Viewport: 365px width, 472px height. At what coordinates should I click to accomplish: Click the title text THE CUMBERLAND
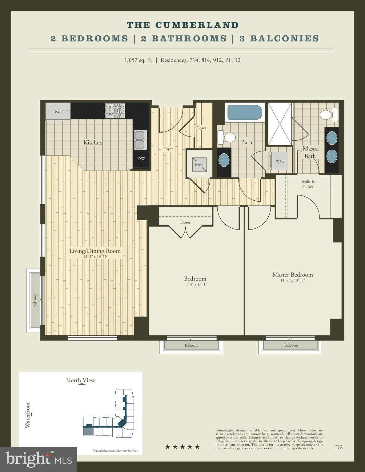182,25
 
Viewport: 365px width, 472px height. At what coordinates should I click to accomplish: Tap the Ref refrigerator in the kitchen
58,111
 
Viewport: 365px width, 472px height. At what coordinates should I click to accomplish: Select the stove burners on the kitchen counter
115,111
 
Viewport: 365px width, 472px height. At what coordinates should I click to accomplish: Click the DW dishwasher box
141,159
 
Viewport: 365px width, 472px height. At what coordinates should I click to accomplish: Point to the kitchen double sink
141,140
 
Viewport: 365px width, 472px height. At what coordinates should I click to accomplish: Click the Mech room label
199,164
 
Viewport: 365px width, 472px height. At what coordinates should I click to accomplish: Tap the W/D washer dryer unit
279,161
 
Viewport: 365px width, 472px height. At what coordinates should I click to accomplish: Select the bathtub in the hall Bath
245,113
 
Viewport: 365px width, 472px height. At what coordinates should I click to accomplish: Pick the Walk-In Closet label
308,184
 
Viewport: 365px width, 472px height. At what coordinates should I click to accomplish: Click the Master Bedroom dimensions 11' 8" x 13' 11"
293,280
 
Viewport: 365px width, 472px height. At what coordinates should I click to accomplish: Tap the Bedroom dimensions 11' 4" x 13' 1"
195,284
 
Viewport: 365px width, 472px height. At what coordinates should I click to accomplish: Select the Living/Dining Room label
95,251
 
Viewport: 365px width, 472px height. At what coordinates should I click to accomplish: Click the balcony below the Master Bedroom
291,345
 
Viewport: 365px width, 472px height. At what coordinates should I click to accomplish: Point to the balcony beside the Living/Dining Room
35,300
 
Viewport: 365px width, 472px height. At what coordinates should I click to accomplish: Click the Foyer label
168,149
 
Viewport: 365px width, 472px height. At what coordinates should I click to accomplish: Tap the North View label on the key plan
81,380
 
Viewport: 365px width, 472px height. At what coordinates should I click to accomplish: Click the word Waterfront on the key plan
28,415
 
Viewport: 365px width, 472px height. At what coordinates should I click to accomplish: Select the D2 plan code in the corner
339,447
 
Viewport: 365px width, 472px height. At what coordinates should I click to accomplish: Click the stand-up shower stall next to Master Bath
279,124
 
